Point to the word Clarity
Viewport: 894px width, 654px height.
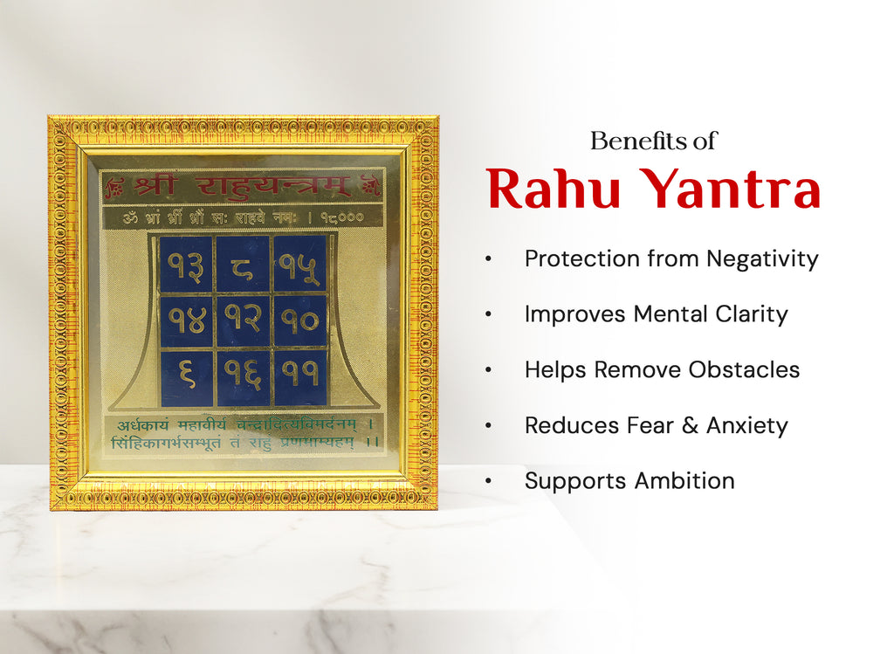click(x=745, y=314)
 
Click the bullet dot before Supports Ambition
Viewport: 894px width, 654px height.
click(x=489, y=481)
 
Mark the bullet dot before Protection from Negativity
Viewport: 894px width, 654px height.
click(x=489, y=259)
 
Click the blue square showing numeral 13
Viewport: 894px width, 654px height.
click(x=186, y=264)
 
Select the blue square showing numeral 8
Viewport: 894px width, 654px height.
click(x=243, y=264)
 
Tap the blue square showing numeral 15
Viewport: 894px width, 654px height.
click(x=299, y=264)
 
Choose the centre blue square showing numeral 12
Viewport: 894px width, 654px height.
click(x=243, y=320)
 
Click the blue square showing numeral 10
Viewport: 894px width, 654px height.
click(x=299, y=320)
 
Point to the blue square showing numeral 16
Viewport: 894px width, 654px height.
click(x=243, y=377)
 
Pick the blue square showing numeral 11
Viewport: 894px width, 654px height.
click(x=299, y=377)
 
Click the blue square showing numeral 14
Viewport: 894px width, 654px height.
click(x=186, y=320)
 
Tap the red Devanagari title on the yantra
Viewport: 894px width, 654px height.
click(x=242, y=186)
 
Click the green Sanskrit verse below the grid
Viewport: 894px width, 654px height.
click(x=244, y=434)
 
